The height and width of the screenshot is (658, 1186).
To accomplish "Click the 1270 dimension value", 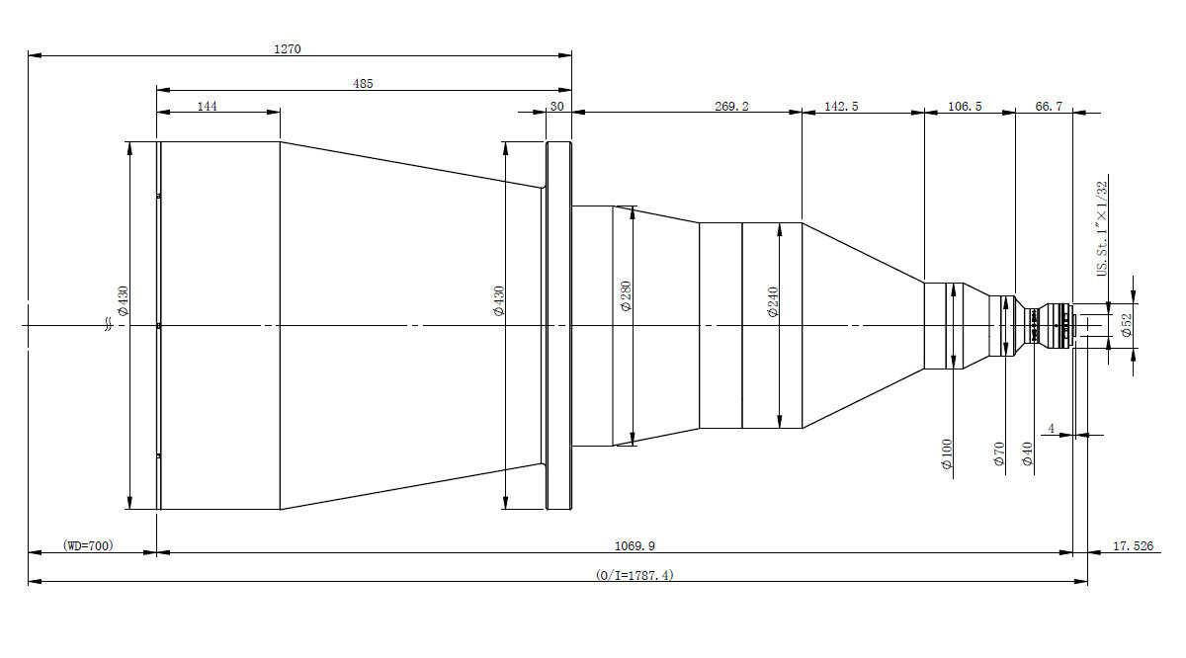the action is pyautogui.click(x=288, y=49).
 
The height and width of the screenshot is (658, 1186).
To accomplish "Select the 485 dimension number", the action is pyautogui.click(x=363, y=84).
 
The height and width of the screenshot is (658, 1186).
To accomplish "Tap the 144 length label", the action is pyautogui.click(x=207, y=107).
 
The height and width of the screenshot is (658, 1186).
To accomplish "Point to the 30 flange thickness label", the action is pyautogui.click(x=557, y=107).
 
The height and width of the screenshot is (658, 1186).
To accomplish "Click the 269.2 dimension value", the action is pyautogui.click(x=731, y=107).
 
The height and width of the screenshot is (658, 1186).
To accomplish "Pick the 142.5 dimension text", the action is pyautogui.click(x=841, y=107).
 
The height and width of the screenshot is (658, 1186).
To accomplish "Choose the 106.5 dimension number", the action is pyautogui.click(x=965, y=107).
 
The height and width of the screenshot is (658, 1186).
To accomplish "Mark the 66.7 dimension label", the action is pyautogui.click(x=1049, y=107).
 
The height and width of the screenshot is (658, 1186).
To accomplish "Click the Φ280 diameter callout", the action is pyautogui.click(x=626, y=296).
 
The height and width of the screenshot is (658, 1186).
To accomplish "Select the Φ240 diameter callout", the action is pyautogui.click(x=773, y=301).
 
